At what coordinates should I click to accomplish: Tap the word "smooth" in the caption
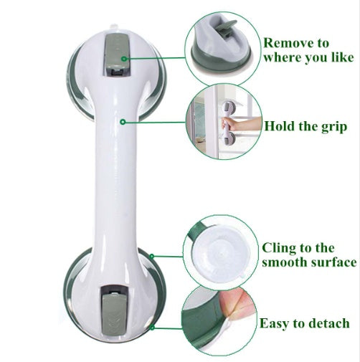tap(287, 262)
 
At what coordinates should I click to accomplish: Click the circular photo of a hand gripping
tap(222, 123)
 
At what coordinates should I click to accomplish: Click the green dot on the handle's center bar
tap(124, 122)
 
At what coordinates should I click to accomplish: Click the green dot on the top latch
tap(124, 59)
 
